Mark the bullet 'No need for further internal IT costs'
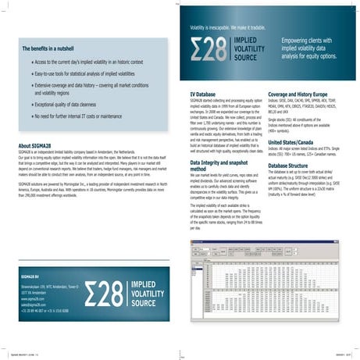click(x=85, y=116)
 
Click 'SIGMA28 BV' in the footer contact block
click(x=30, y=277)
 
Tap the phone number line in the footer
click(x=44, y=308)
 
